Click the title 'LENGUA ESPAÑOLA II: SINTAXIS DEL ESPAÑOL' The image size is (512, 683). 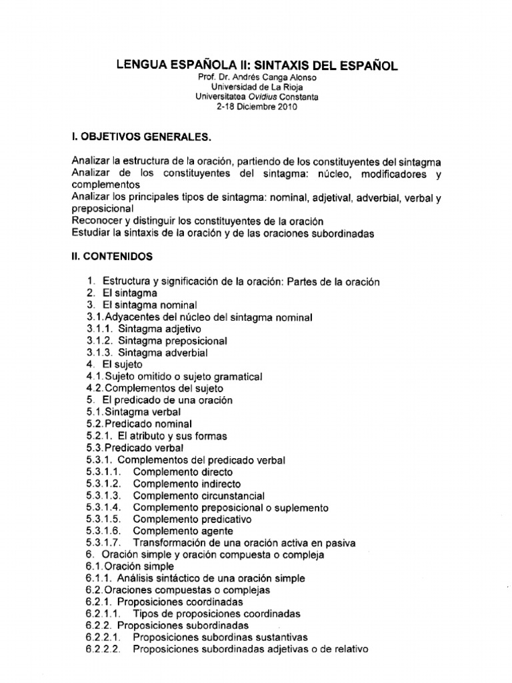point(256,65)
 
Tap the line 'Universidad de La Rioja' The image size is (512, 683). point(256,87)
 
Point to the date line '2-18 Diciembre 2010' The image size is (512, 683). point(256,105)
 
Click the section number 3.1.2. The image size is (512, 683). point(99,341)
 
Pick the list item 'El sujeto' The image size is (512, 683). point(123,365)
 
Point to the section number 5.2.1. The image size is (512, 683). point(99,436)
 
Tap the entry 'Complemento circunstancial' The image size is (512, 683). point(199,496)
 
